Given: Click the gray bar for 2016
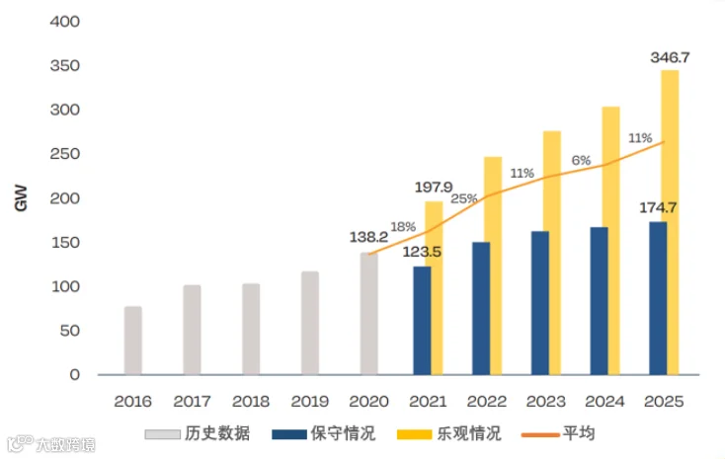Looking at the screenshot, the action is [x=133, y=341].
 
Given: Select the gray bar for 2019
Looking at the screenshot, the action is [x=310, y=323].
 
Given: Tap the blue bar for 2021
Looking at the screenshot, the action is [x=422, y=321].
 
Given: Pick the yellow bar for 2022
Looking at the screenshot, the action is [x=493, y=266].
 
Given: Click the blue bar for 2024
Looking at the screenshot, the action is [x=600, y=300].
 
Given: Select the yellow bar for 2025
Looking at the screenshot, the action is [x=670, y=222].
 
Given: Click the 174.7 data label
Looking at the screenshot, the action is [x=658, y=207].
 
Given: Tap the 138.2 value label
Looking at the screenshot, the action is [x=368, y=237].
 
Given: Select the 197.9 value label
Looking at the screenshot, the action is [x=434, y=187].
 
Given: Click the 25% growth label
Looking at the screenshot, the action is [x=464, y=198].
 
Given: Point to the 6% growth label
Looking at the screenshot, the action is [x=581, y=160].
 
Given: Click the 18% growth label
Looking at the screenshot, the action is [x=403, y=226].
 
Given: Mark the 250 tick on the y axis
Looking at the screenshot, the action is [x=65, y=154].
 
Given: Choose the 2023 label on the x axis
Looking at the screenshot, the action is [x=545, y=401].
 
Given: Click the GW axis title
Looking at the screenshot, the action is [x=21, y=198].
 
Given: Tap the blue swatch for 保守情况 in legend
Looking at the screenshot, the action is [x=289, y=434].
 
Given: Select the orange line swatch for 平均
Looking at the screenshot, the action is [x=540, y=435].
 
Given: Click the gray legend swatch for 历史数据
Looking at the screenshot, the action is [x=162, y=434].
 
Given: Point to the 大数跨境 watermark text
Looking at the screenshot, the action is [x=65, y=444].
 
